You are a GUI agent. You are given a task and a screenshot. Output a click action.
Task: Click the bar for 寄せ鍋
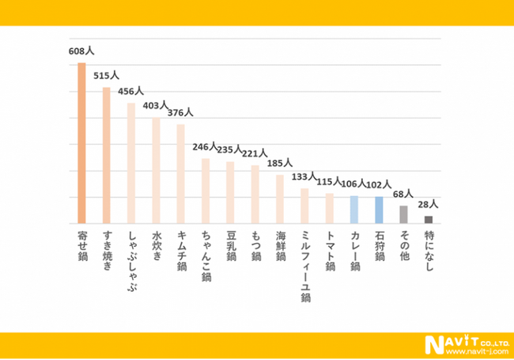point(81,143)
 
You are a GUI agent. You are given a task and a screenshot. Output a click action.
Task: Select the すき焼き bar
point(107,156)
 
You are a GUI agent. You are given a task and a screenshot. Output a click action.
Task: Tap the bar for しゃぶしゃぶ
point(131,163)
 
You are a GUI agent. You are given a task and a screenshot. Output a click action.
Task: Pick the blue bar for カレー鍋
point(354,210)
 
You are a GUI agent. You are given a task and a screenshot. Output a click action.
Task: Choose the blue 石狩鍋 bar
point(379,210)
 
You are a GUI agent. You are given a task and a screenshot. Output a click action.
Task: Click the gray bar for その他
point(403,214)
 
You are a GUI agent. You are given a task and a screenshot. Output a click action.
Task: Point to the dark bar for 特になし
point(429,219)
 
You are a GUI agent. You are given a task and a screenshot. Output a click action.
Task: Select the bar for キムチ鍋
point(181,174)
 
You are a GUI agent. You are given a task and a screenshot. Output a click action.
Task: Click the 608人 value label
point(81,50)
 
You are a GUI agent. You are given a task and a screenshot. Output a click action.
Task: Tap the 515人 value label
point(106,76)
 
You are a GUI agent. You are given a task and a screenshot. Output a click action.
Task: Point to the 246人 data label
point(206,146)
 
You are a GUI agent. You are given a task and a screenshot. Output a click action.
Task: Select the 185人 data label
point(280,163)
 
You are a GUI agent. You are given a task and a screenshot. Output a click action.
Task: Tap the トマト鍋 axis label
point(330,251)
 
